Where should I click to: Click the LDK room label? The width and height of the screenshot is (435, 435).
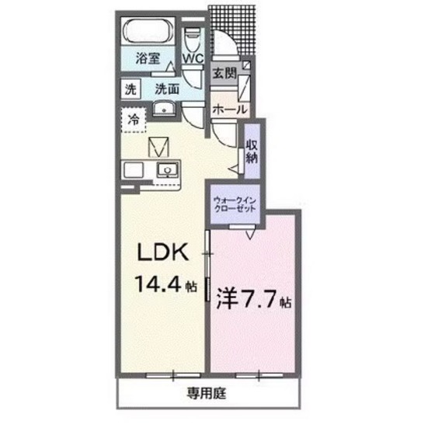coord(162,254)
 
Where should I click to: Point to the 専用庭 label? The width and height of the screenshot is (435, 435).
coord(206,391)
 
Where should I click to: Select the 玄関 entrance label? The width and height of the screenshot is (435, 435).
coord(224,73)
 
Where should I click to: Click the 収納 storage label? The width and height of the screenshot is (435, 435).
coord(252,149)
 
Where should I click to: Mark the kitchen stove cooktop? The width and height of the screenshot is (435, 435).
coord(130,170)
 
